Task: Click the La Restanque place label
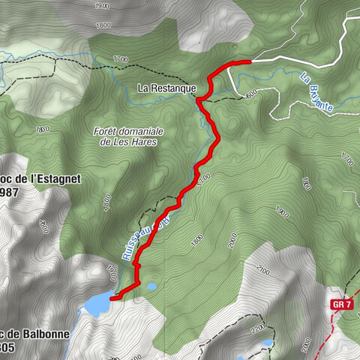pyautogui.click(x=166, y=88)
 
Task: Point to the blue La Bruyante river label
pyautogui.click(x=316, y=91)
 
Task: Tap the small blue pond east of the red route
pyautogui.click(x=151, y=286)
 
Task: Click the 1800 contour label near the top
pyautogui.click(x=105, y=25)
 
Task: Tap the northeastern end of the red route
pyautogui.click(x=248, y=61)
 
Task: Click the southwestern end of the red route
pyautogui.click(x=112, y=298)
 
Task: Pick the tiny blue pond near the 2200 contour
pyautogui.click(x=267, y=343)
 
